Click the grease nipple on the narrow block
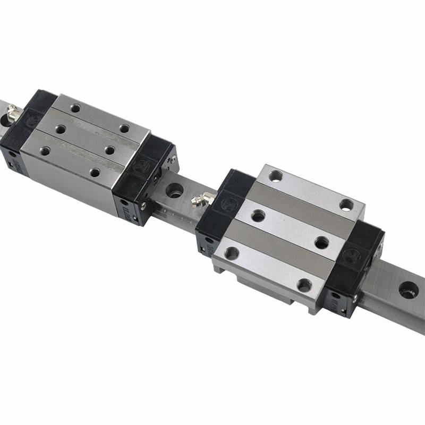coord(13,113)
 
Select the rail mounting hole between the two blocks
coord(174,190)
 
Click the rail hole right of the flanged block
coord(408,290)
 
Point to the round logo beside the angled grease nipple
coord(229,203)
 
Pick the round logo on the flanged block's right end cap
coord(351,256)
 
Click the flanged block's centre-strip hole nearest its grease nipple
coord(258,216)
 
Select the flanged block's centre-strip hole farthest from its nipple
coord(321,242)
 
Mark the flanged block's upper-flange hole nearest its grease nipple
coord(275,176)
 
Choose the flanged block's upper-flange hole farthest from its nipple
coord(346,205)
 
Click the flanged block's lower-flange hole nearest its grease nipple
coord(232,253)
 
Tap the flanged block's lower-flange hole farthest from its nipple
coord(304,285)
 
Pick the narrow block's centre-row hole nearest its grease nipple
coord(60,129)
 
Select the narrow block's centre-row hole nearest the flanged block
coord(110,150)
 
